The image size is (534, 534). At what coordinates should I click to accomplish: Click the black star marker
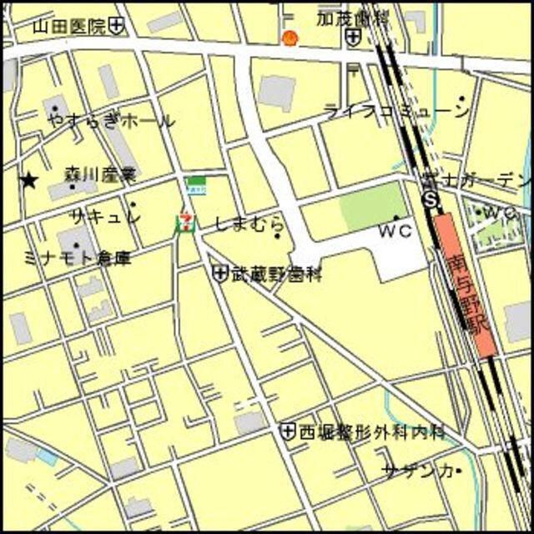pyautogui.click(x=30, y=179)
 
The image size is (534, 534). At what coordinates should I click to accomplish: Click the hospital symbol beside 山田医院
pyautogui.click(x=117, y=27)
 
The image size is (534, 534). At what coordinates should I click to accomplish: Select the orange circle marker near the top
pyautogui.click(x=290, y=38)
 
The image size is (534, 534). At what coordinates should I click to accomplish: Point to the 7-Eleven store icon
pyautogui.click(x=184, y=221)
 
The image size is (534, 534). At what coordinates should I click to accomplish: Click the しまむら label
pyautogui.click(x=249, y=224)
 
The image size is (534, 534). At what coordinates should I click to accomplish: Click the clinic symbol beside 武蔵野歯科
pyautogui.click(x=220, y=272)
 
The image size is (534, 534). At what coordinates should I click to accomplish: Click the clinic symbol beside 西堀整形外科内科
pyautogui.click(x=288, y=431)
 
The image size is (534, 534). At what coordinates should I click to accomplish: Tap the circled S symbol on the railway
pyautogui.click(x=431, y=200)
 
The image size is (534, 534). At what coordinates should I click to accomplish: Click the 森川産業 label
pyautogui.click(x=99, y=175)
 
